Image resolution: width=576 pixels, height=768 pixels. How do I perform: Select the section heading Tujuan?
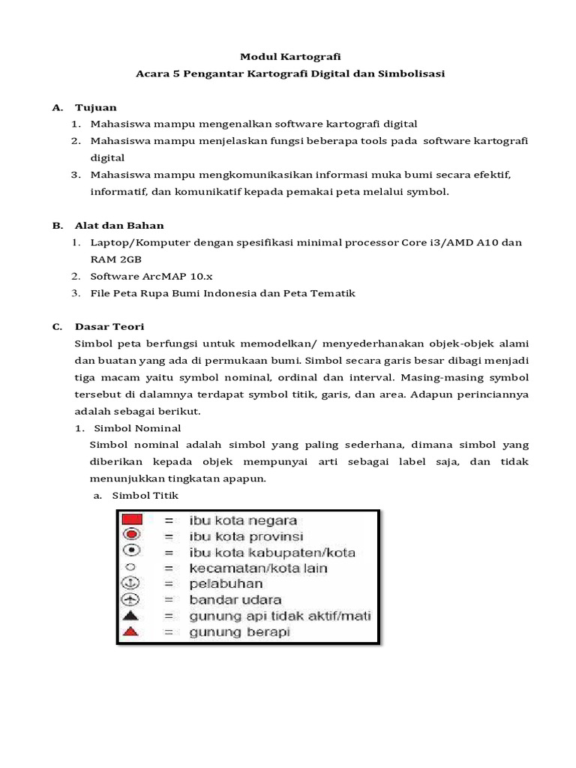pyautogui.click(x=95, y=107)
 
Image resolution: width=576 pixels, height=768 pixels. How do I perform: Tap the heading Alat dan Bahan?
pyautogui.click(x=118, y=225)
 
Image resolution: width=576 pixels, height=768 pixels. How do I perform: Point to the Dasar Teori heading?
pyautogui.click(x=109, y=327)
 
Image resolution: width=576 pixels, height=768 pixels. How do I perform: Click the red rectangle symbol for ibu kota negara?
pyautogui.click(x=133, y=520)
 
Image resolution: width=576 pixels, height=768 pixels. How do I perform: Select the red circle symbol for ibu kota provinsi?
pyautogui.click(x=132, y=535)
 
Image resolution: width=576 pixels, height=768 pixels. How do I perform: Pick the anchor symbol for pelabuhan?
pyautogui.click(x=131, y=583)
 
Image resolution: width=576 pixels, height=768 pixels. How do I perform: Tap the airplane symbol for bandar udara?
pyautogui.click(x=131, y=599)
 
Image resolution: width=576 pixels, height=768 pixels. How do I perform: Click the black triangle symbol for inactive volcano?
pyautogui.click(x=131, y=616)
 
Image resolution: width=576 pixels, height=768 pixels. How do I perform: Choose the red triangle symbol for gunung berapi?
pyautogui.click(x=131, y=632)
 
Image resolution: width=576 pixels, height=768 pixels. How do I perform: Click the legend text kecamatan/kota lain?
pyautogui.click(x=259, y=568)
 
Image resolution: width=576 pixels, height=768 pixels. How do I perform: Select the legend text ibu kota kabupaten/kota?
pyautogui.click(x=272, y=552)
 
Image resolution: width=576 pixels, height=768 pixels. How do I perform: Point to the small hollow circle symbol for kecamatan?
pyautogui.click(x=131, y=568)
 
